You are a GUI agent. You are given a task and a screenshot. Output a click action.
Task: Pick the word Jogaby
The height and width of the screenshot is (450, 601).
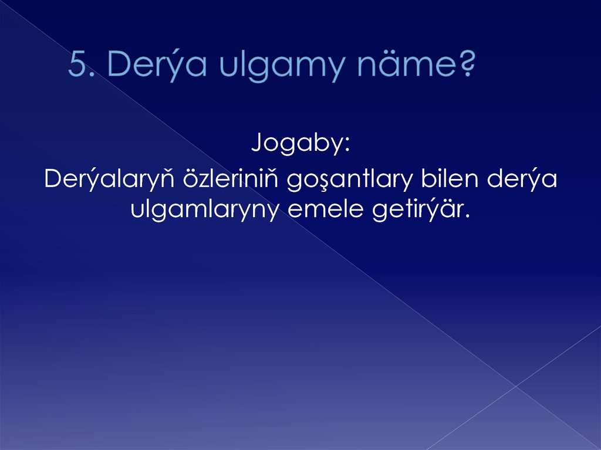[296, 144]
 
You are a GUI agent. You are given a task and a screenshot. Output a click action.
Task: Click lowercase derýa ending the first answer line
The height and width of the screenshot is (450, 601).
[524, 180]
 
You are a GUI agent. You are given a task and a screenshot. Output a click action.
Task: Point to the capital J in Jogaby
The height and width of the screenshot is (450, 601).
[256, 144]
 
